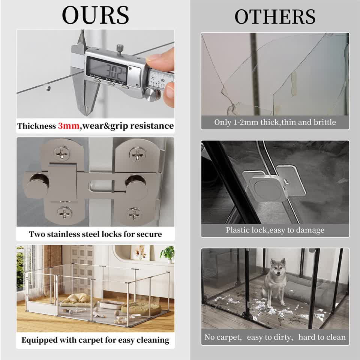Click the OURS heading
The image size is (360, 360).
pyautogui.click(x=95, y=15)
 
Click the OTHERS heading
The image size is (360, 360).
pyautogui.click(x=275, y=16)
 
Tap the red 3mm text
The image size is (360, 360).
pyautogui.click(x=68, y=126)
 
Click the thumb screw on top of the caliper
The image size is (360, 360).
pyautogui.click(x=119, y=48)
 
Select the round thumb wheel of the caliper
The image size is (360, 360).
pyautogui.click(x=151, y=94)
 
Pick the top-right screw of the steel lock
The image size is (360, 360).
pyautogui.click(x=137, y=153)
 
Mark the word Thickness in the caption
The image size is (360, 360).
pyautogui.click(x=36, y=126)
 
